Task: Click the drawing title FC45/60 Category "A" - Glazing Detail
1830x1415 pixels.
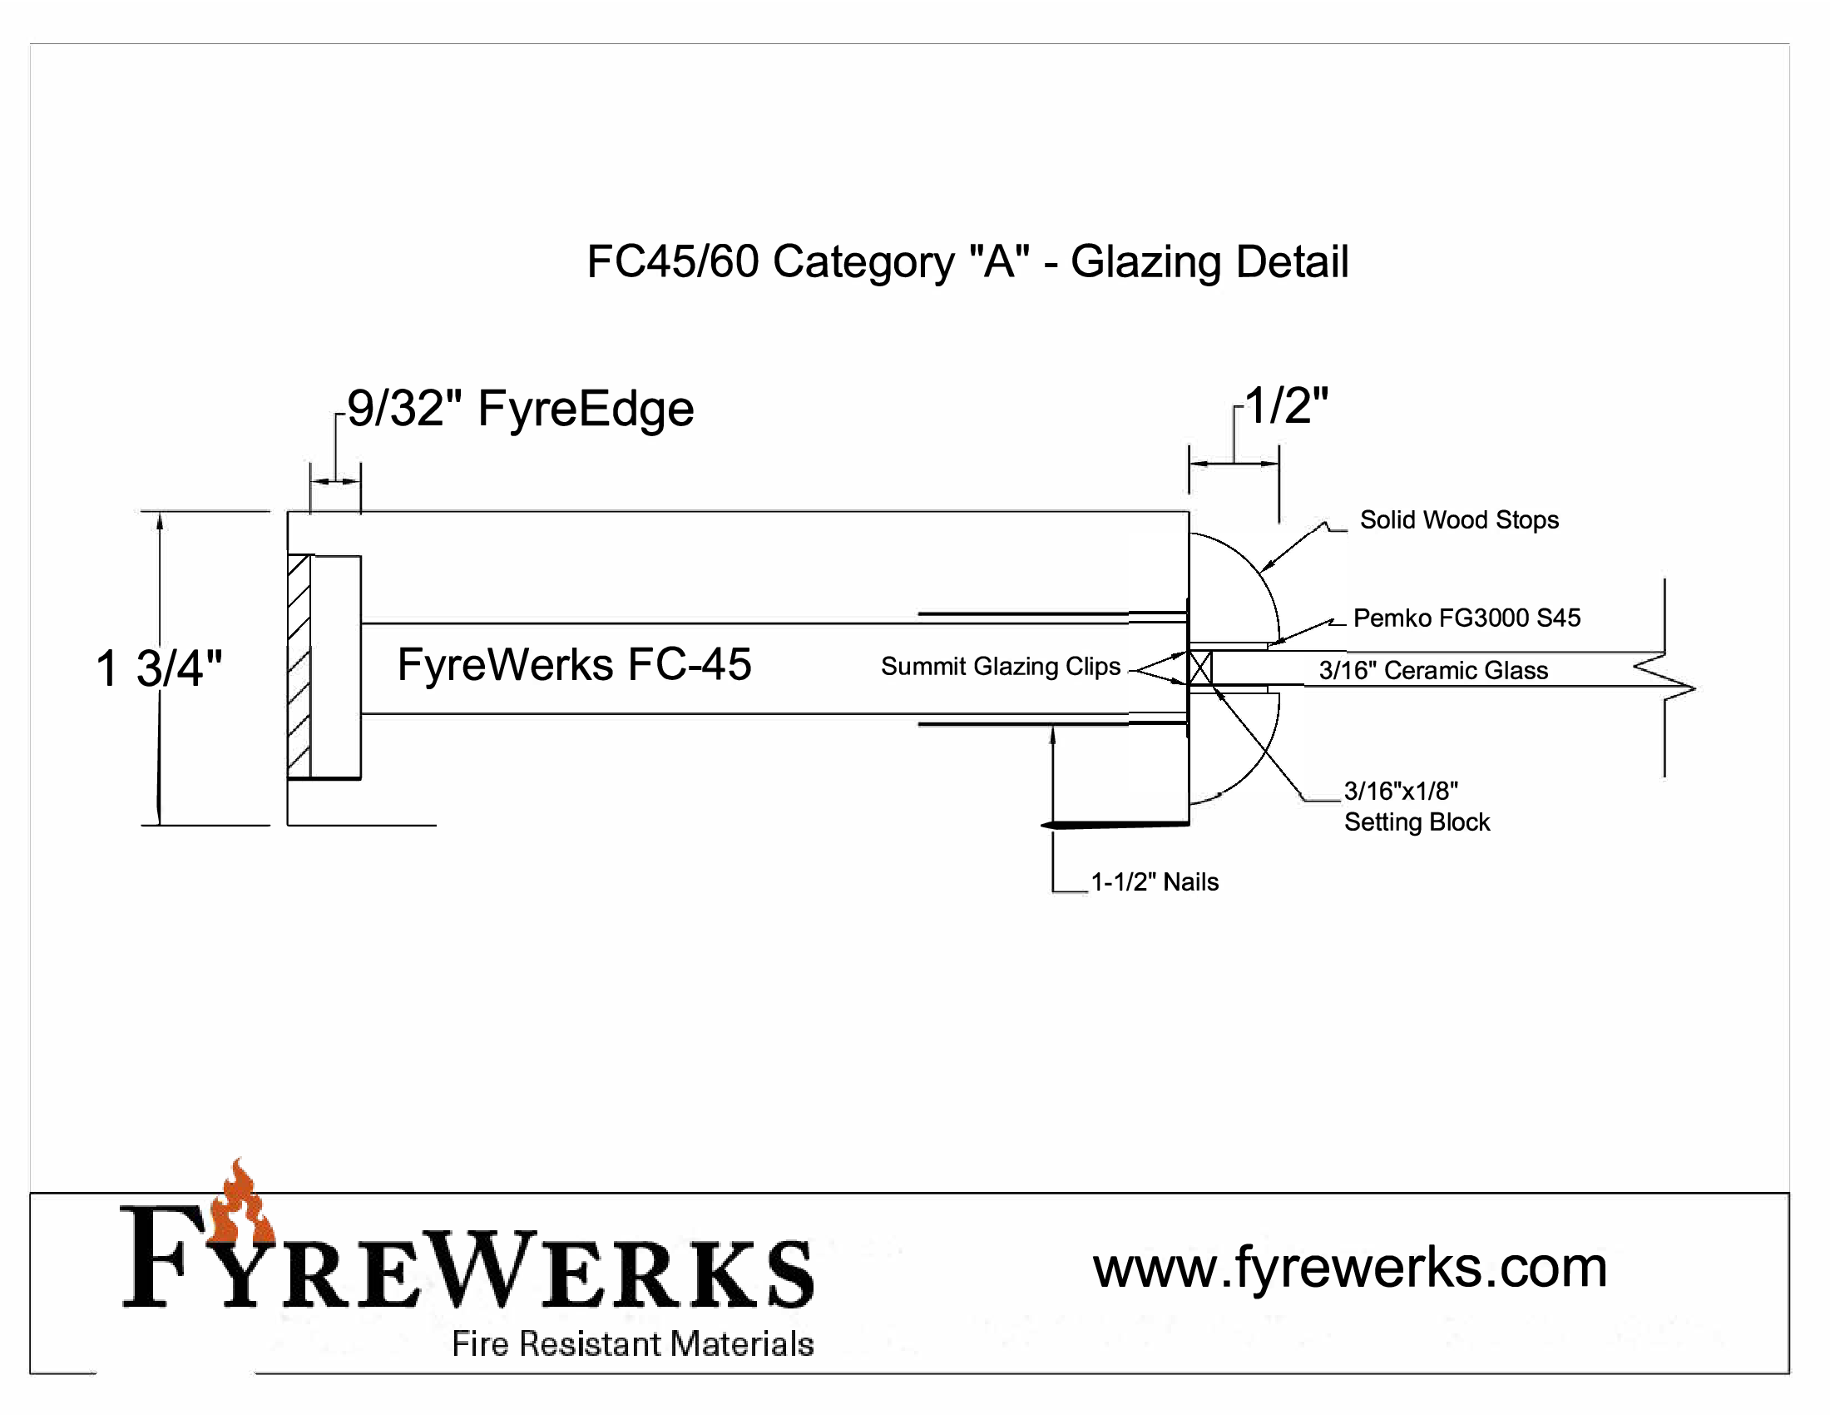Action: [x=967, y=261]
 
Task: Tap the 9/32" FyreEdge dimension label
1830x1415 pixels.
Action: [x=521, y=409]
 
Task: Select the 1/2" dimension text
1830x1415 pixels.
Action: [x=1286, y=405]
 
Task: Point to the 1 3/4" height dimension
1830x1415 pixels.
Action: [x=159, y=669]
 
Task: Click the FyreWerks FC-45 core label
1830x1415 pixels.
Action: [x=574, y=665]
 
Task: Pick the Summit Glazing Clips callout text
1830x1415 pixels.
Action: [x=1001, y=667]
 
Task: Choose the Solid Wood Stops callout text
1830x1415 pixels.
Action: [x=1459, y=519]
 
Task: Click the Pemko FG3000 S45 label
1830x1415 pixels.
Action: [x=1466, y=618]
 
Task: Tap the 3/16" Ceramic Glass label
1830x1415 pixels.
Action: [x=1433, y=671]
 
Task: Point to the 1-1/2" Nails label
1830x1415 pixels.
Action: [x=1155, y=881]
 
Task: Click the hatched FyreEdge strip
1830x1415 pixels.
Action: [x=299, y=667]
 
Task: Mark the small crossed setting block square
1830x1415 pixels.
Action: [x=1199, y=668]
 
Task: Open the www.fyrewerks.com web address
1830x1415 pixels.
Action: [x=1350, y=1268]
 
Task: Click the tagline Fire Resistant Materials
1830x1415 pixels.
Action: [x=633, y=1343]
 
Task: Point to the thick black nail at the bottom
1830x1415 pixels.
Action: [x=1115, y=826]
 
